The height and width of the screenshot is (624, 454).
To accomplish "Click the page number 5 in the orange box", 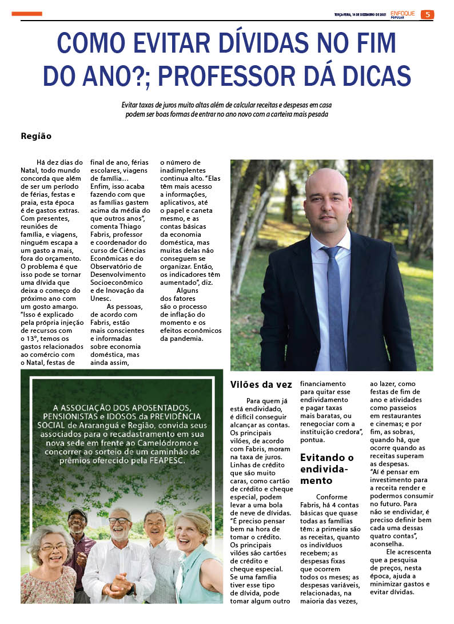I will tap(427, 14).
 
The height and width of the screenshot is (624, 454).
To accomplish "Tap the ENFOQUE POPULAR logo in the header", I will tap(403, 14).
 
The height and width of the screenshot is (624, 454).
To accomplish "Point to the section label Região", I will tap(36, 136).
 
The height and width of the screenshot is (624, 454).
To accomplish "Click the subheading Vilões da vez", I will tap(261, 384).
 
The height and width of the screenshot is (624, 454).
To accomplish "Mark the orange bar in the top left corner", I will tap(27, 14).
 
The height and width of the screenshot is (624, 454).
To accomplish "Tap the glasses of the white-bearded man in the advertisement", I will tap(119, 521).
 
